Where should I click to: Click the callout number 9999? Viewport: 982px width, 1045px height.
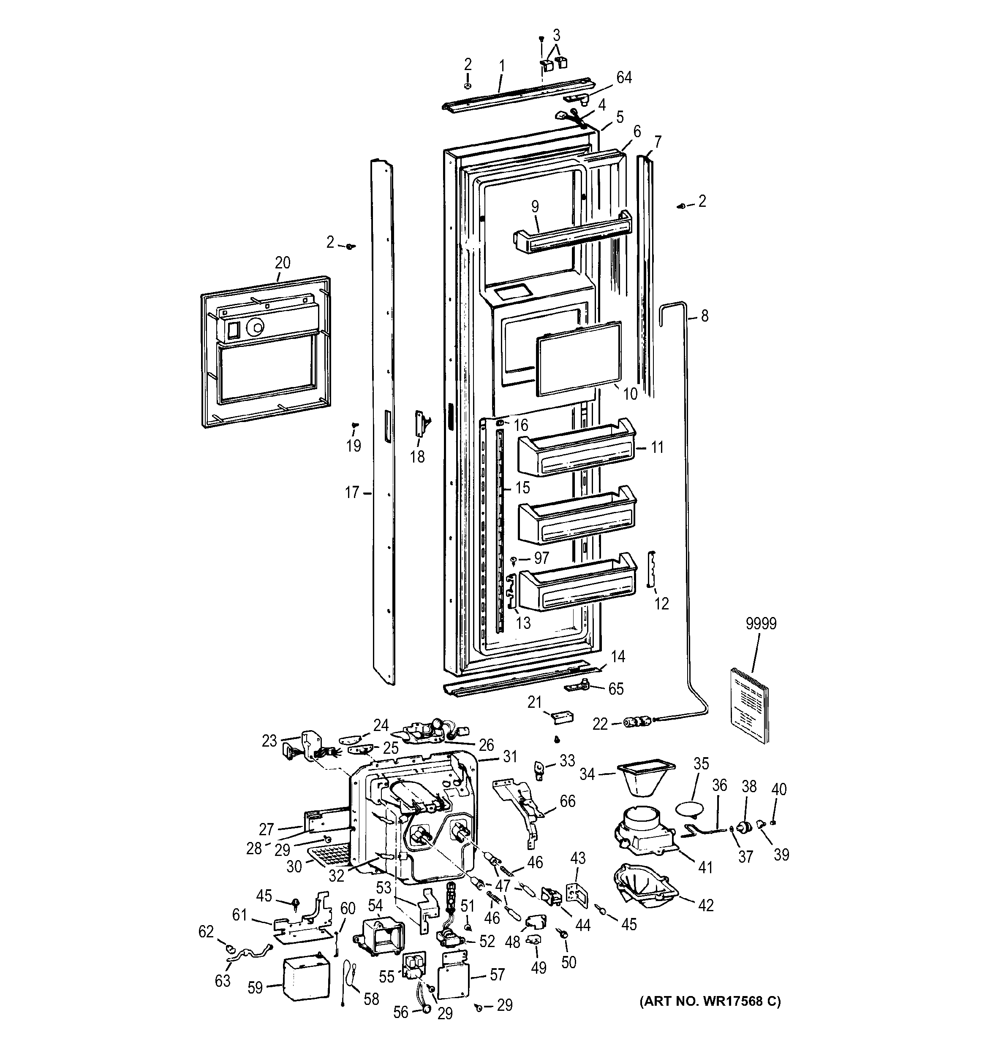pyautogui.click(x=761, y=623)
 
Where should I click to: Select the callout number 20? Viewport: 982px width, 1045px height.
pyautogui.click(x=283, y=263)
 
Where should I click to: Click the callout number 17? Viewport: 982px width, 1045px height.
pyautogui.click(x=352, y=493)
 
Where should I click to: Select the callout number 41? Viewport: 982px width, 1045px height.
pyautogui.click(x=705, y=867)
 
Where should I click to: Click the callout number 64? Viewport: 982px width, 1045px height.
pyautogui.click(x=624, y=77)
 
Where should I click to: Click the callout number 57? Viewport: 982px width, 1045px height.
pyautogui.click(x=497, y=975)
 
